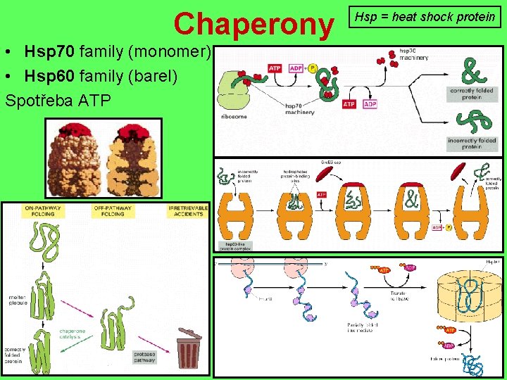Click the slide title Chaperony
[x=254, y=23]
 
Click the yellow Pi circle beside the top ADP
[x=313, y=68]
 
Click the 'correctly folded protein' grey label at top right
[x=472, y=94]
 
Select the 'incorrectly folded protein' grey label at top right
[x=472, y=144]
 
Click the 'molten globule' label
[x=18, y=300]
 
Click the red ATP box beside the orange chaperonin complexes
[x=321, y=194]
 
